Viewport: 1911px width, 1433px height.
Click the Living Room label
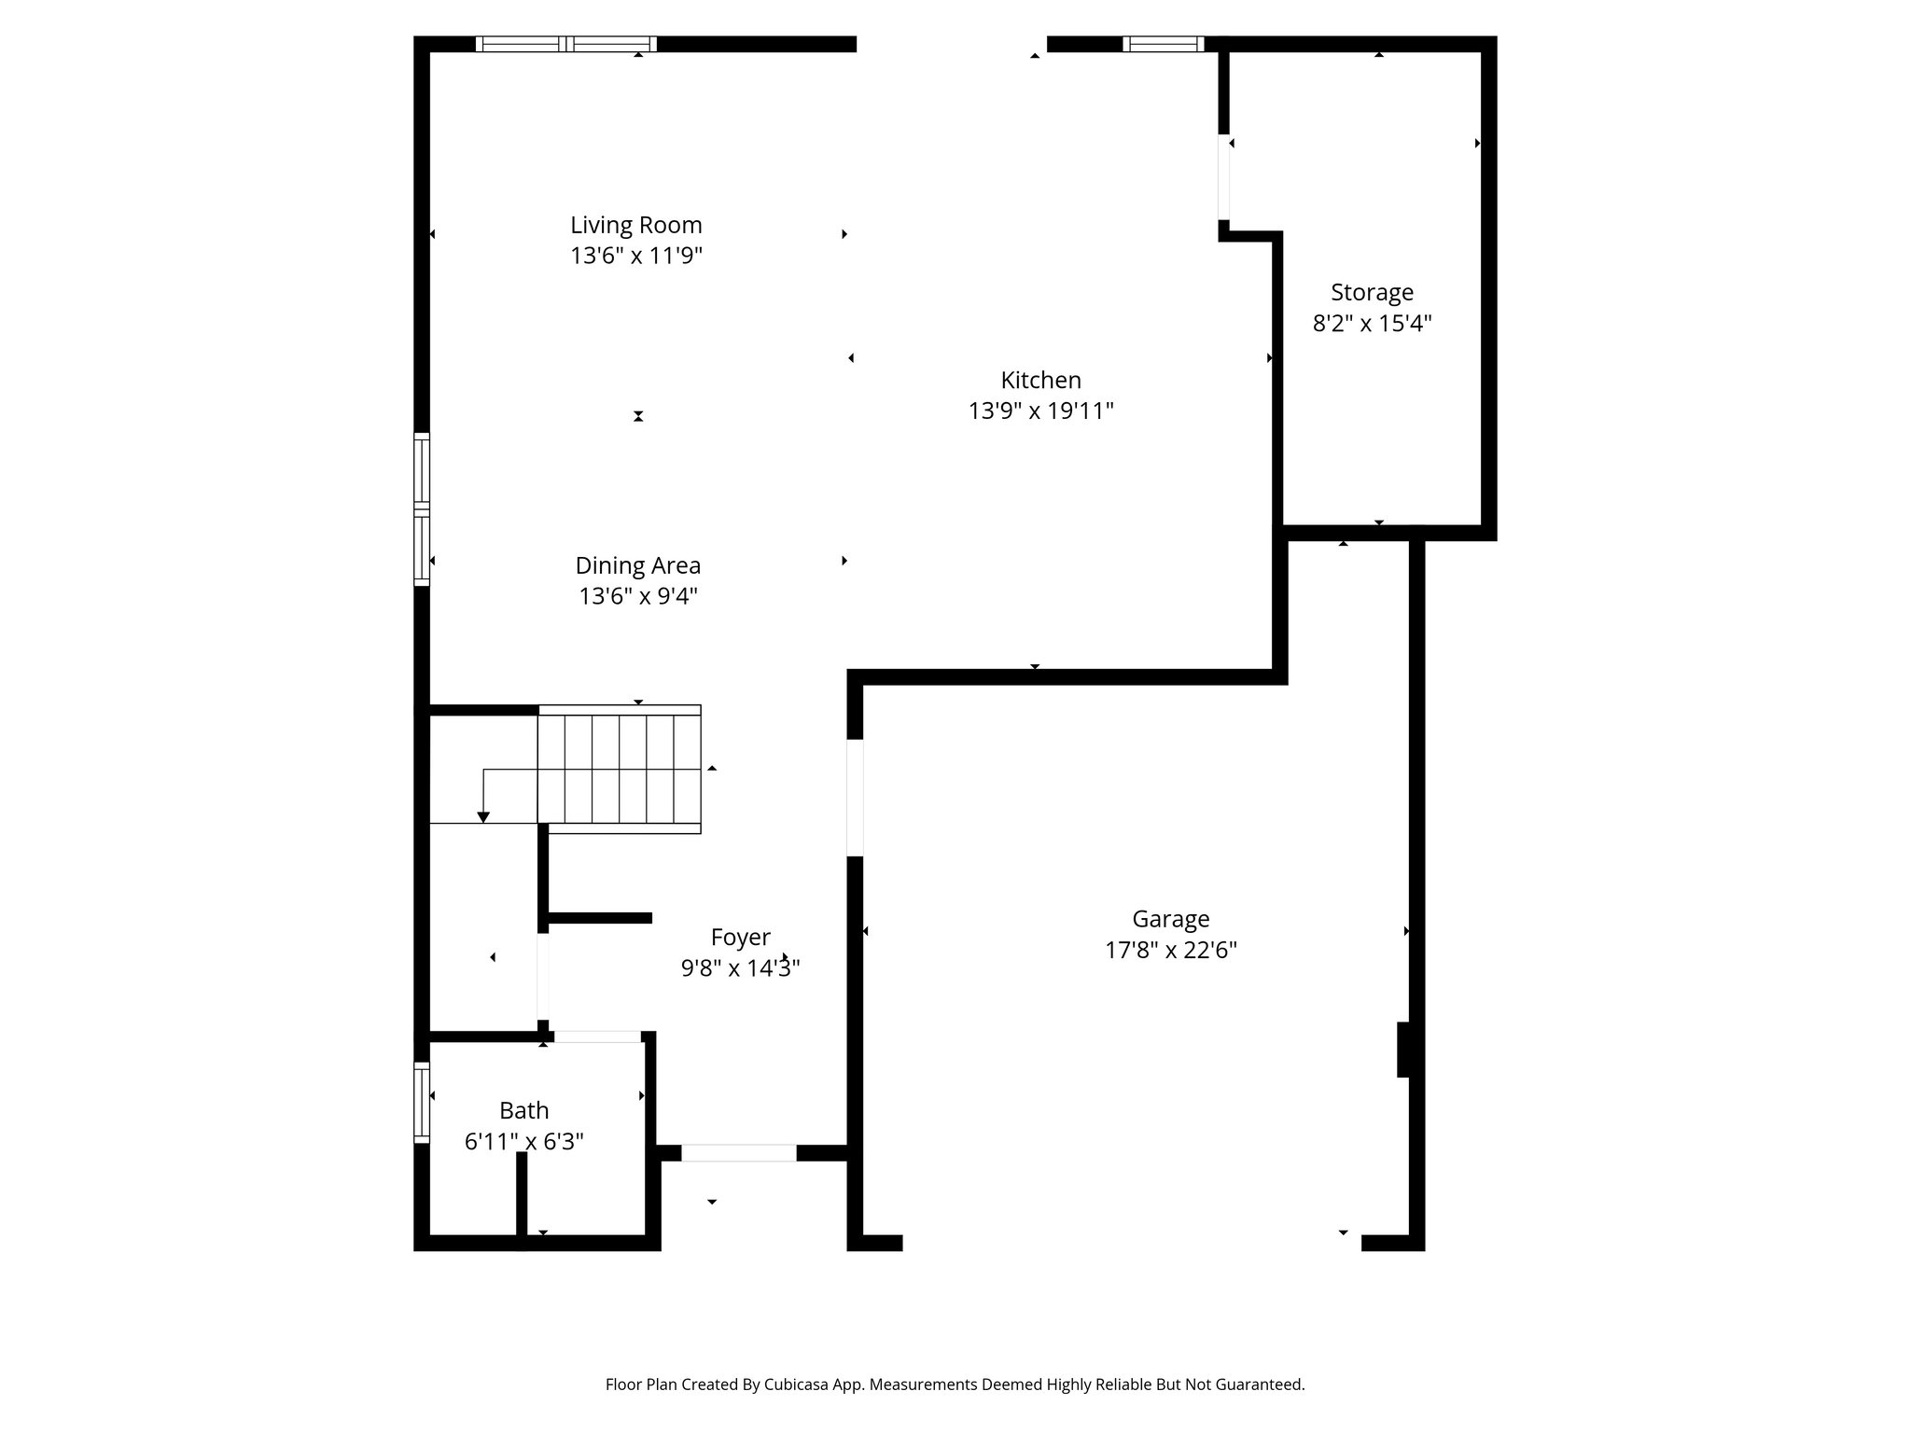[x=635, y=225]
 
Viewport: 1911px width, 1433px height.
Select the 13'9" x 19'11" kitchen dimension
[x=1040, y=410]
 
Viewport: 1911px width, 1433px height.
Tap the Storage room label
[x=1372, y=292]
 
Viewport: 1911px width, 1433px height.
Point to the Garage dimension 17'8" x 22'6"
[x=1170, y=950]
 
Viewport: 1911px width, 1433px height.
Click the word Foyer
[x=740, y=937]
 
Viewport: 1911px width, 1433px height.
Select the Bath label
[x=523, y=1110]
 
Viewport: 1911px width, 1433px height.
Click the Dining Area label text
[x=637, y=565]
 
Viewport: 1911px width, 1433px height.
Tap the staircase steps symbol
[x=620, y=769]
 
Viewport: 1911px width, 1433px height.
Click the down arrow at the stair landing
[x=483, y=816]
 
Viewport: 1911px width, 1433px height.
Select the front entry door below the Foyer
[x=738, y=1153]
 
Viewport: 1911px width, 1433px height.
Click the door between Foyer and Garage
[x=855, y=798]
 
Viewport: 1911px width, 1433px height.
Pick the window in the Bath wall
[x=422, y=1102]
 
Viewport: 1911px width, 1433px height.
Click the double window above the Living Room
[x=566, y=44]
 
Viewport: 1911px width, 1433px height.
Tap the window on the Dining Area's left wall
[x=422, y=509]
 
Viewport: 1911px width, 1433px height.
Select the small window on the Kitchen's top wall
[x=1163, y=44]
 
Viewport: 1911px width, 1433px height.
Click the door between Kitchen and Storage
[x=1223, y=177]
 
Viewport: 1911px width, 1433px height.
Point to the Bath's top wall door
[x=597, y=1036]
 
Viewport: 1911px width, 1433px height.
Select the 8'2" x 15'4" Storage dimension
[x=1372, y=324]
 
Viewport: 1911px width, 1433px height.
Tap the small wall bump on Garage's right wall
[x=1402, y=1050]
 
